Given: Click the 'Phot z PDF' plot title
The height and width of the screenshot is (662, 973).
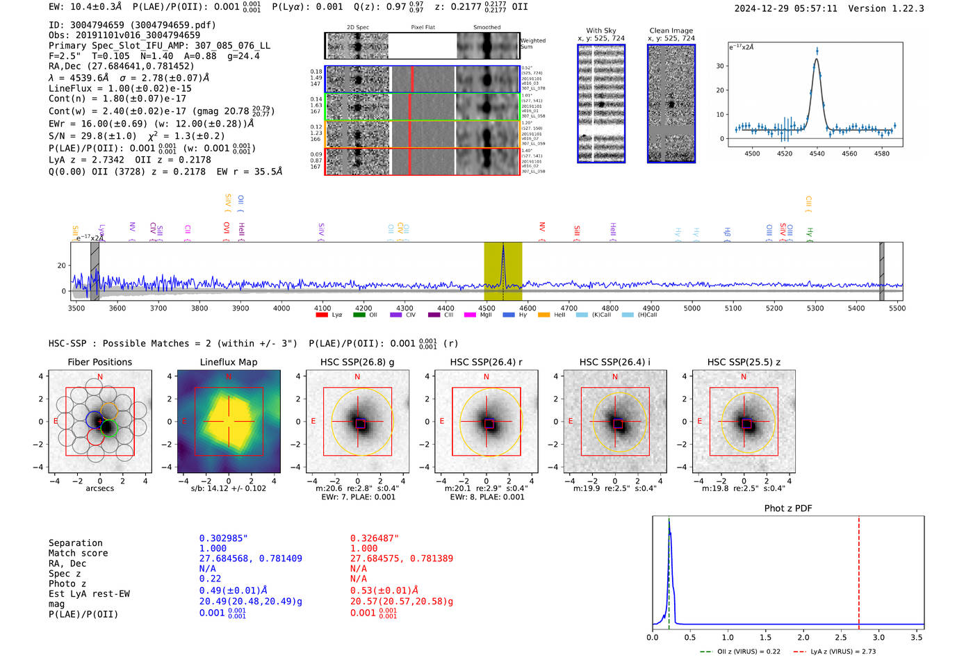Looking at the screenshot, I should [788, 508].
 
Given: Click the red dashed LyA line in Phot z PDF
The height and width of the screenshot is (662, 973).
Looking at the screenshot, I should [859, 570].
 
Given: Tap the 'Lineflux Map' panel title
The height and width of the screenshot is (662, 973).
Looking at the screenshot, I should [229, 362].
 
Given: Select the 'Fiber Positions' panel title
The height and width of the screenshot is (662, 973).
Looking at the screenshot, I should [100, 362].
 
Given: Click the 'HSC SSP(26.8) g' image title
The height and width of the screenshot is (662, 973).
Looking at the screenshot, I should [357, 362].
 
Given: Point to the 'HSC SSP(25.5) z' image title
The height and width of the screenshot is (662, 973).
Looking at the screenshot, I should [744, 362].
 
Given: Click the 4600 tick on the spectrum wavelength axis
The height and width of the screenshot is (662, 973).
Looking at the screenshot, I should [528, 308].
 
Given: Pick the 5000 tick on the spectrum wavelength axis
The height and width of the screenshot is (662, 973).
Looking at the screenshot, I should [692, 308].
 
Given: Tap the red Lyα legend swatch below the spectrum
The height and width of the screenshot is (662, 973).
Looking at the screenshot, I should [322, 315].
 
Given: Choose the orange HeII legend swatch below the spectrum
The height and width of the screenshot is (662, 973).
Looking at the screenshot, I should [543, 315].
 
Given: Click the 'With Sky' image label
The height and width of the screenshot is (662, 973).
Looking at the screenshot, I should [601, 31].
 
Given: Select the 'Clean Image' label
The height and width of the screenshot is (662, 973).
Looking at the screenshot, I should [671, 31].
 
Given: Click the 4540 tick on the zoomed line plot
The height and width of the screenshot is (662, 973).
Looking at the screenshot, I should [817, 154].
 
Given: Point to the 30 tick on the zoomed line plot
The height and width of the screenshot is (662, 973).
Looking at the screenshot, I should [720, 66].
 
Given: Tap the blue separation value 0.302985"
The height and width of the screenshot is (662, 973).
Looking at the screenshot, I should [224, 538].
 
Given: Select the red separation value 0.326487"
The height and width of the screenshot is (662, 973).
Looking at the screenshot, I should [375, 538].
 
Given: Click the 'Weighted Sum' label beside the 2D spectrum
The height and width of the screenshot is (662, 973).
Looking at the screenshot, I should [533, 44].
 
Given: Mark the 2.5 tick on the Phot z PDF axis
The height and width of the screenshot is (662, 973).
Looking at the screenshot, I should [841, 637].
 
